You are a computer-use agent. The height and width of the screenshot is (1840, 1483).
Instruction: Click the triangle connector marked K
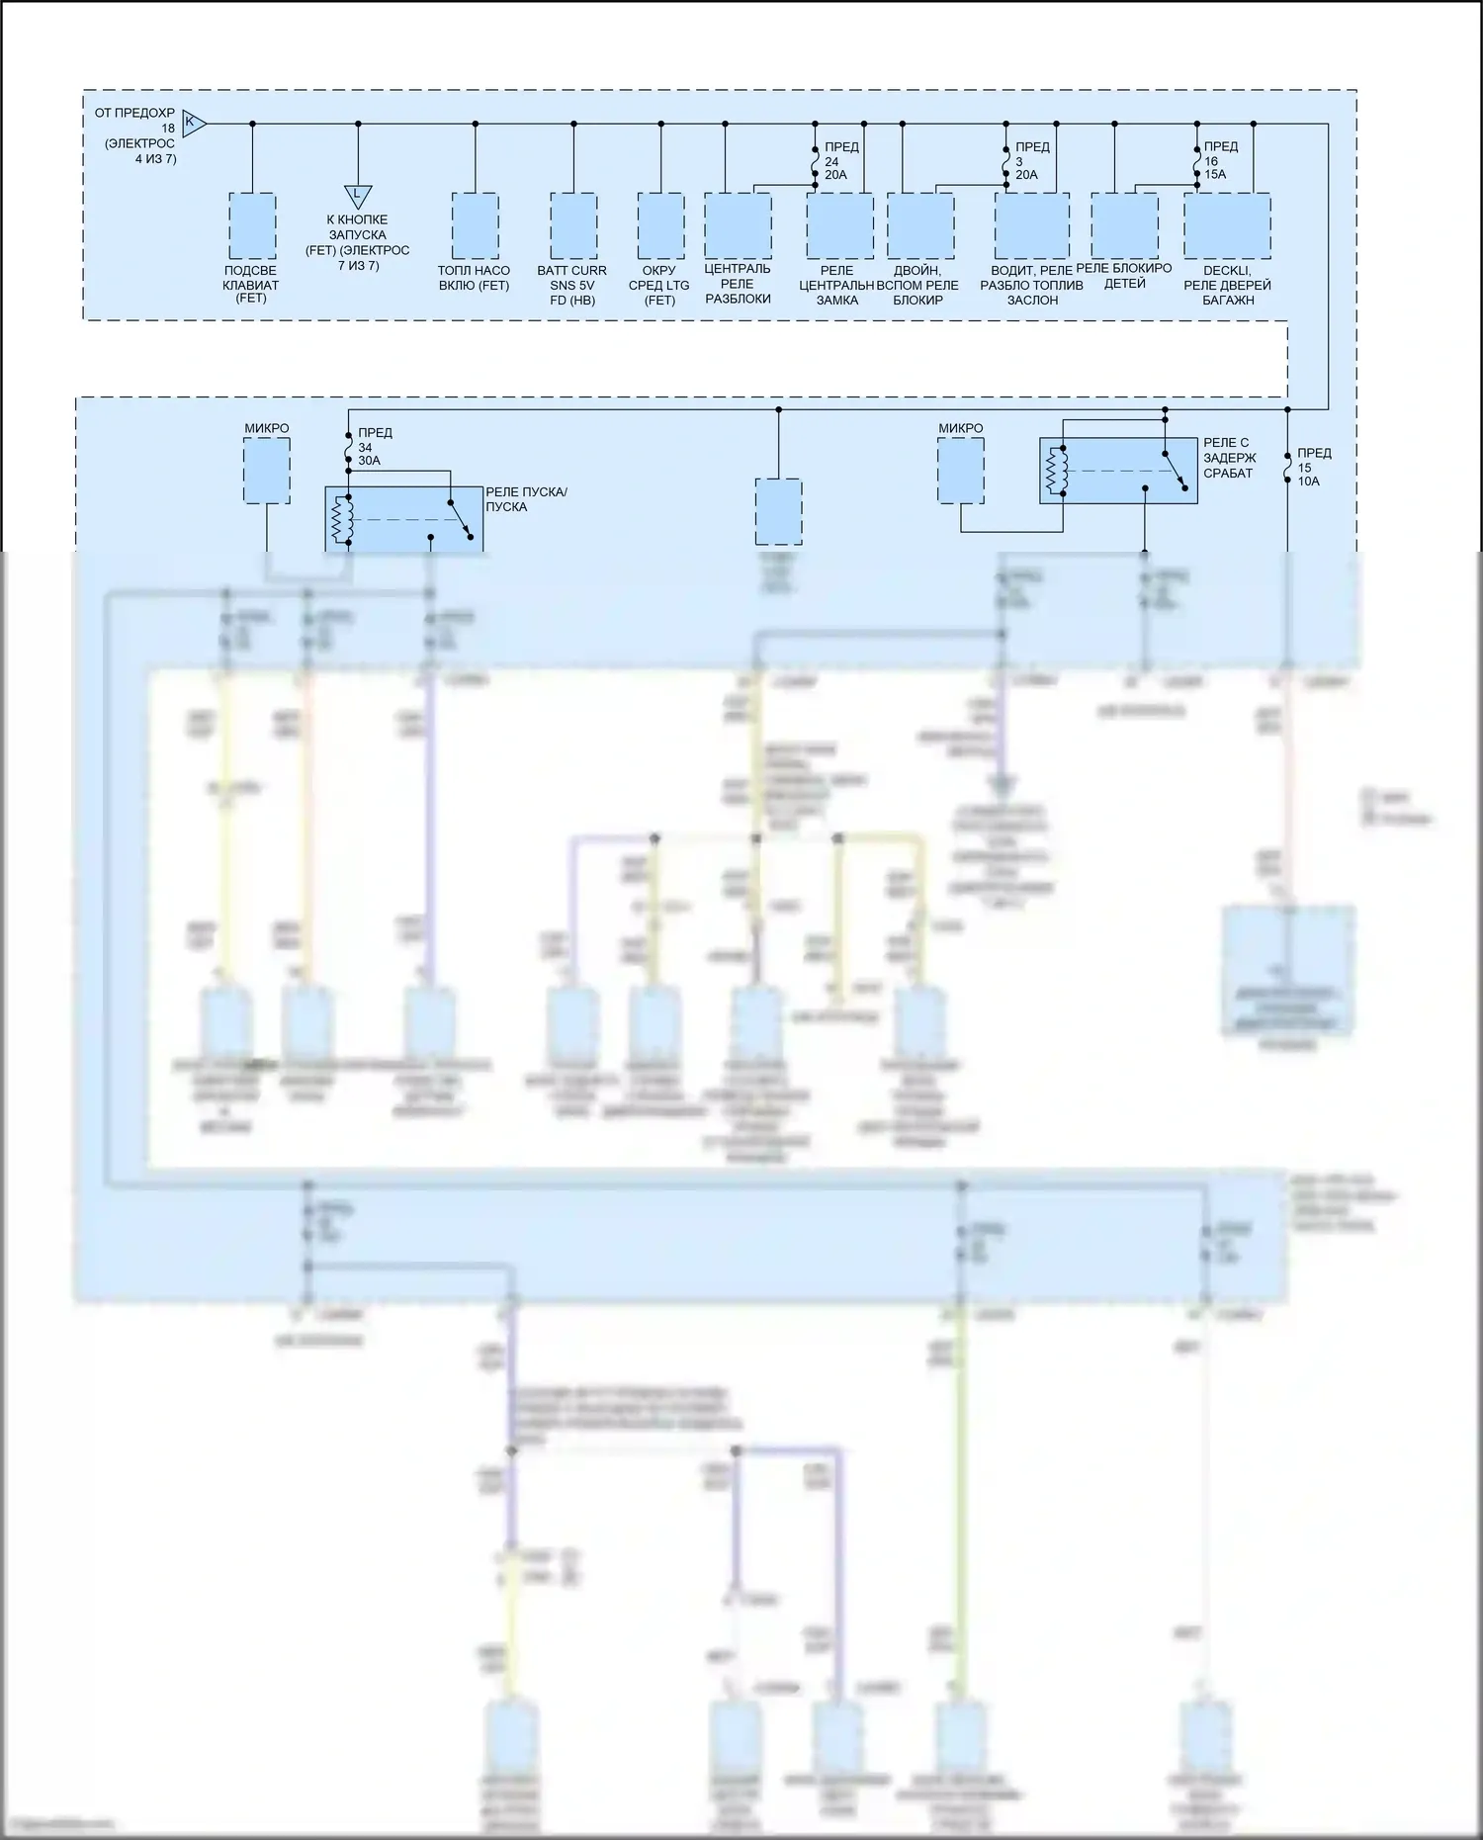[x=194, y=124]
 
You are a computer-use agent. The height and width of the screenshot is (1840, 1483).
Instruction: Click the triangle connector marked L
[x=358, y=195]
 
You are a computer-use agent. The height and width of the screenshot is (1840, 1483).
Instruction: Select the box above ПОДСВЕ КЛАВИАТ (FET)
[x=252, y=225]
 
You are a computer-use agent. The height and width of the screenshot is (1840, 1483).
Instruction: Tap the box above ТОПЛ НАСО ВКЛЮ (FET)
[x=475, y=225]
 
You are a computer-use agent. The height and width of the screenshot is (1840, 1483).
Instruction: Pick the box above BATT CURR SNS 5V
[x=573, y=225]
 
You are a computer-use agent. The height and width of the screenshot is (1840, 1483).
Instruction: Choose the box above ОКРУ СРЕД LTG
[x=660, y=225]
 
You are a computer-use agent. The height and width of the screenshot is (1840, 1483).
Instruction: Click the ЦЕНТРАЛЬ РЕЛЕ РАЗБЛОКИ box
[x=738, y=225]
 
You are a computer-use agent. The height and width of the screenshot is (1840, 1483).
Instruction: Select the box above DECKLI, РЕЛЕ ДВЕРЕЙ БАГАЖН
[x=1227, y=225]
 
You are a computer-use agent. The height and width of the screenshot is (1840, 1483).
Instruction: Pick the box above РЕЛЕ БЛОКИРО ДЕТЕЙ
[x=1124, y=225]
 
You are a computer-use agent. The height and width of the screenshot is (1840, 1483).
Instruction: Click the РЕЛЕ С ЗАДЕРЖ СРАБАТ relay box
[x=1117, y=471]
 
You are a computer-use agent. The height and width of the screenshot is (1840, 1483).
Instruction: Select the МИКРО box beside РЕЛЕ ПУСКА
[x=267, y=471]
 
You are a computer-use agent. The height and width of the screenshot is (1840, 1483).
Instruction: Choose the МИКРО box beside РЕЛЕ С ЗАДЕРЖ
[x=961, y=471]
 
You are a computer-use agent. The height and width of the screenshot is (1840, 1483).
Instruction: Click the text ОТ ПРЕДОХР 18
[x=135, y=121]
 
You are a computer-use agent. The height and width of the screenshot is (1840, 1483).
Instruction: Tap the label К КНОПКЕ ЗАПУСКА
[x=357, y=227]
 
